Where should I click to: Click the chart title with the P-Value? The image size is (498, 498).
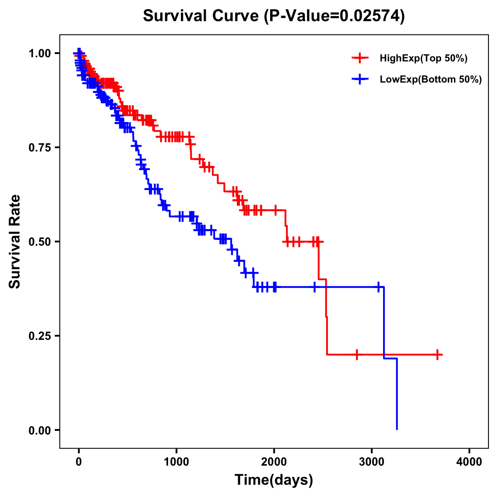coord(273,16)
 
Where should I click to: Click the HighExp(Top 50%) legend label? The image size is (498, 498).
coord(423,59)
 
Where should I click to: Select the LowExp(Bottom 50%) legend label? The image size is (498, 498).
coord(430,80)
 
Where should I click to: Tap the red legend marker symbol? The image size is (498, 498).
coord(360,58)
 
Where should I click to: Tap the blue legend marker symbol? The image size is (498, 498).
coord(360,79)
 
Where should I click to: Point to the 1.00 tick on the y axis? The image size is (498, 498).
coord(39,54)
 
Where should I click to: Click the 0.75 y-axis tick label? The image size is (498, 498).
coord(39,148)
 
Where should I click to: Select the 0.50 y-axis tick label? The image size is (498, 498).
coord(39,242)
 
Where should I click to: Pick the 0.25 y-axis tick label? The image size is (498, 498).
coord(39,336)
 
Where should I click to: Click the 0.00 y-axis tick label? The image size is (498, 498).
coord(39,430)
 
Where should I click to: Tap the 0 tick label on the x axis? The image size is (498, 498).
coord(79,462)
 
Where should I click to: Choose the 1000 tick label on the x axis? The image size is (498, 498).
coord(176,462)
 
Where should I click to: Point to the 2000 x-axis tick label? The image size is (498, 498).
coord(274,462)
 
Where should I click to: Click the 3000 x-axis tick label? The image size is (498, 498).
coord(372,462)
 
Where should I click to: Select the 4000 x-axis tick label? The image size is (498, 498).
coord(469,462)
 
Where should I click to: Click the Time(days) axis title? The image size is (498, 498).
coord(274,480)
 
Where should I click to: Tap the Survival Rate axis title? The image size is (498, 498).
coord(15,242)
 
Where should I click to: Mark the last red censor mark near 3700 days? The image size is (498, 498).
coord(437,355)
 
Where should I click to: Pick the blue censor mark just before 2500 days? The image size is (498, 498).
coord(314,287)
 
